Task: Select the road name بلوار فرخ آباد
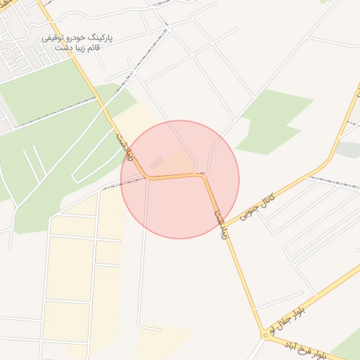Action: pos(310,346)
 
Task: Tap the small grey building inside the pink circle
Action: pos(156,163)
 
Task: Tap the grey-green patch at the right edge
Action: pos(349,149)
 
